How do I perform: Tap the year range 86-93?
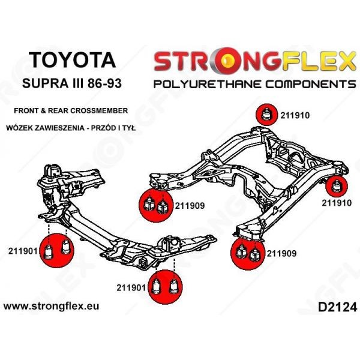[x=100, y=83]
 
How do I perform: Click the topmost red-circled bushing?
[x=266, y=114]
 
